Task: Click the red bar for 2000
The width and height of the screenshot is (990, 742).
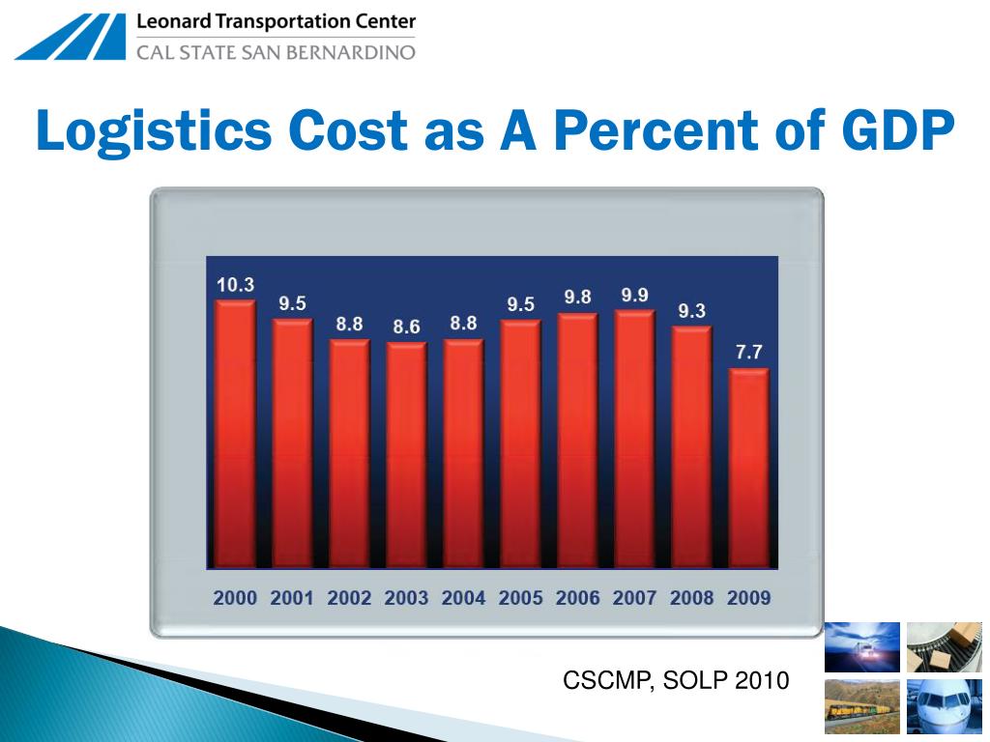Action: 235,435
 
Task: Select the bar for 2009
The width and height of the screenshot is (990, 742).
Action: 748,469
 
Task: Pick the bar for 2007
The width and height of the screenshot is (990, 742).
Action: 634,440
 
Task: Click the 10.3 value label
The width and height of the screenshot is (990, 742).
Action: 235,285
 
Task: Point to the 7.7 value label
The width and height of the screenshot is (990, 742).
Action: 748,353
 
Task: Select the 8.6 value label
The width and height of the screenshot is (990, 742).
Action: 406,328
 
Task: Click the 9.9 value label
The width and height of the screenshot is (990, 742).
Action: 634,296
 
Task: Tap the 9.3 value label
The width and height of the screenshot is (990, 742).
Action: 691,311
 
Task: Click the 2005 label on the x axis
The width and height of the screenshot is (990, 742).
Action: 520,598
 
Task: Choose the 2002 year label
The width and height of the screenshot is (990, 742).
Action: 349,598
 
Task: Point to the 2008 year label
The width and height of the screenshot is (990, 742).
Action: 691,598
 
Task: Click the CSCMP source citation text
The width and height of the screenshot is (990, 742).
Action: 676,681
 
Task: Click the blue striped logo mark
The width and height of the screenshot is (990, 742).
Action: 71,37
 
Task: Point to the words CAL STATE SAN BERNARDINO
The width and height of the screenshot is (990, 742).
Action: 276,51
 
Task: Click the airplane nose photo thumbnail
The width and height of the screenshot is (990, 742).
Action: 945,706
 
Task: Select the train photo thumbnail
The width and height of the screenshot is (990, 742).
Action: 861,706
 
